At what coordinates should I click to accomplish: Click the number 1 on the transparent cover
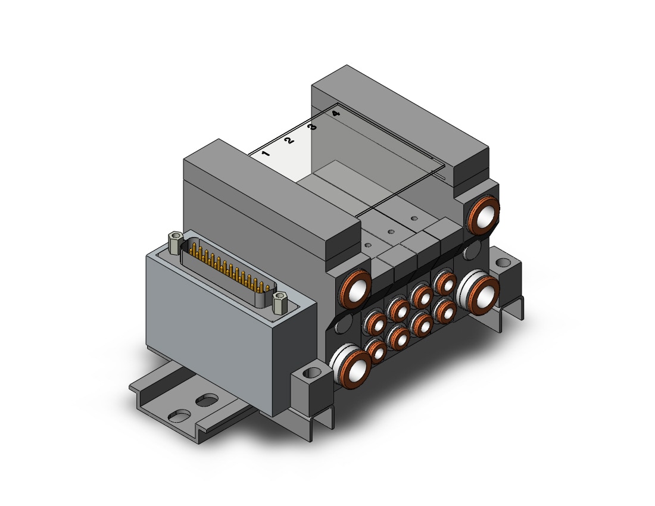click(x=266, y=154)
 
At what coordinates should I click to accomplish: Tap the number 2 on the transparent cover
click(x=289, y=140)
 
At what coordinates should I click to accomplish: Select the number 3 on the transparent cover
click(x=312, y=127)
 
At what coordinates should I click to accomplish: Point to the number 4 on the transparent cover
click(x=335, y=114)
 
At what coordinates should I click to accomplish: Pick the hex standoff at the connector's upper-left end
click(x=174, y=242)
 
